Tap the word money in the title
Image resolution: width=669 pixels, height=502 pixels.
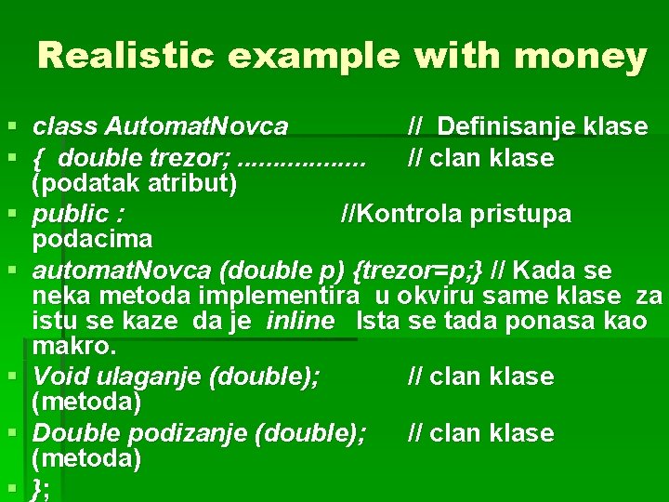[580, 57]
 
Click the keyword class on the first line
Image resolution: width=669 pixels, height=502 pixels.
[66, 125]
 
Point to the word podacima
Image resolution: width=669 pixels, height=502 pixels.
[92, 239]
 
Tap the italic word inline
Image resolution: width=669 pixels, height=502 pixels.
[300, 322]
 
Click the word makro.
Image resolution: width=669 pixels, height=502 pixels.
[74, 347]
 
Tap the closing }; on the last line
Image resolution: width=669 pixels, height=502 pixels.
[41, 489]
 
